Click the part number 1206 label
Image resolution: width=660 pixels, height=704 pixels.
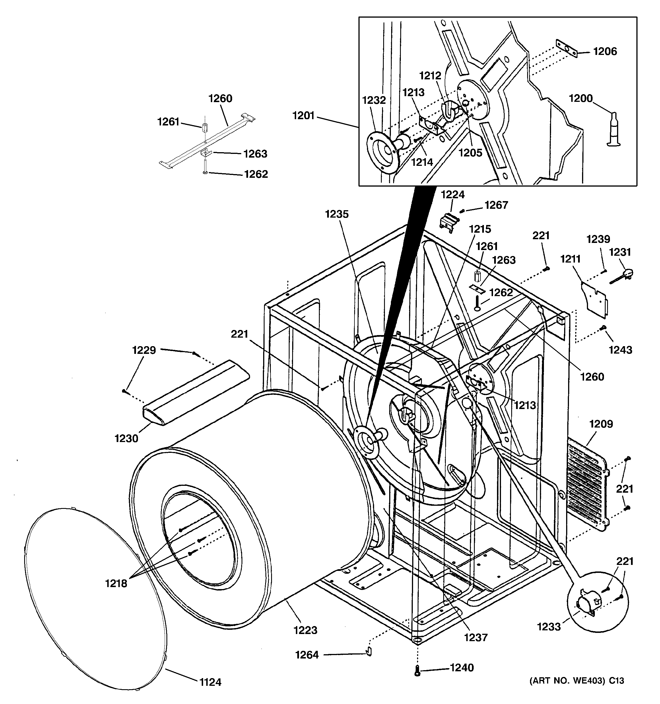[605, 52]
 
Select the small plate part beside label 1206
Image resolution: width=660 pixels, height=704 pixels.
[566, 48]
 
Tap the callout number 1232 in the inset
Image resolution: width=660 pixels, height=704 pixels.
[374, 101]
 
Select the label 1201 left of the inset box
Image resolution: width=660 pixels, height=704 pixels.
[304, 115]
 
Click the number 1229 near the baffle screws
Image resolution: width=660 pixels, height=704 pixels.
[144, 350]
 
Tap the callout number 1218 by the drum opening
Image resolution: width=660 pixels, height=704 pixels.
[116, 583]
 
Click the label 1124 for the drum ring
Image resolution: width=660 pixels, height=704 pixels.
[211, 682]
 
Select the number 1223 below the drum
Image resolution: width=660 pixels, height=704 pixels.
[305, 630]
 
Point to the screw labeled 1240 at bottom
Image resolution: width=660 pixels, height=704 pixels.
[417, 671]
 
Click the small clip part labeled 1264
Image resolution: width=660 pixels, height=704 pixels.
[368, 651]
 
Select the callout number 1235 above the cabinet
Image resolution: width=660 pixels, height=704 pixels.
[337, 214]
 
